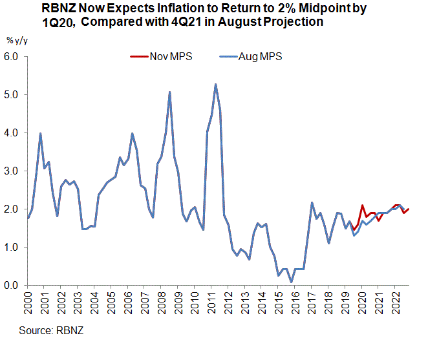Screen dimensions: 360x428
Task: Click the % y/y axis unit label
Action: (x=17, y=40)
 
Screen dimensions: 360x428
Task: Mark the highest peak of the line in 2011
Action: (x=215, y=84)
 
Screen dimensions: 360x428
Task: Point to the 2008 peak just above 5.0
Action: (x=169, y=92)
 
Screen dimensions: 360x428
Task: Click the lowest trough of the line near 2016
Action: (x=292, y=282)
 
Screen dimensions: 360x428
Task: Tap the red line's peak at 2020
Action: (x=363, y=205)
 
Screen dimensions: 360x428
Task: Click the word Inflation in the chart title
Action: (x=194, y=10)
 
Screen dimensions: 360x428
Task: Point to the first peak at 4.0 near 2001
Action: (x=41, y=133)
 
